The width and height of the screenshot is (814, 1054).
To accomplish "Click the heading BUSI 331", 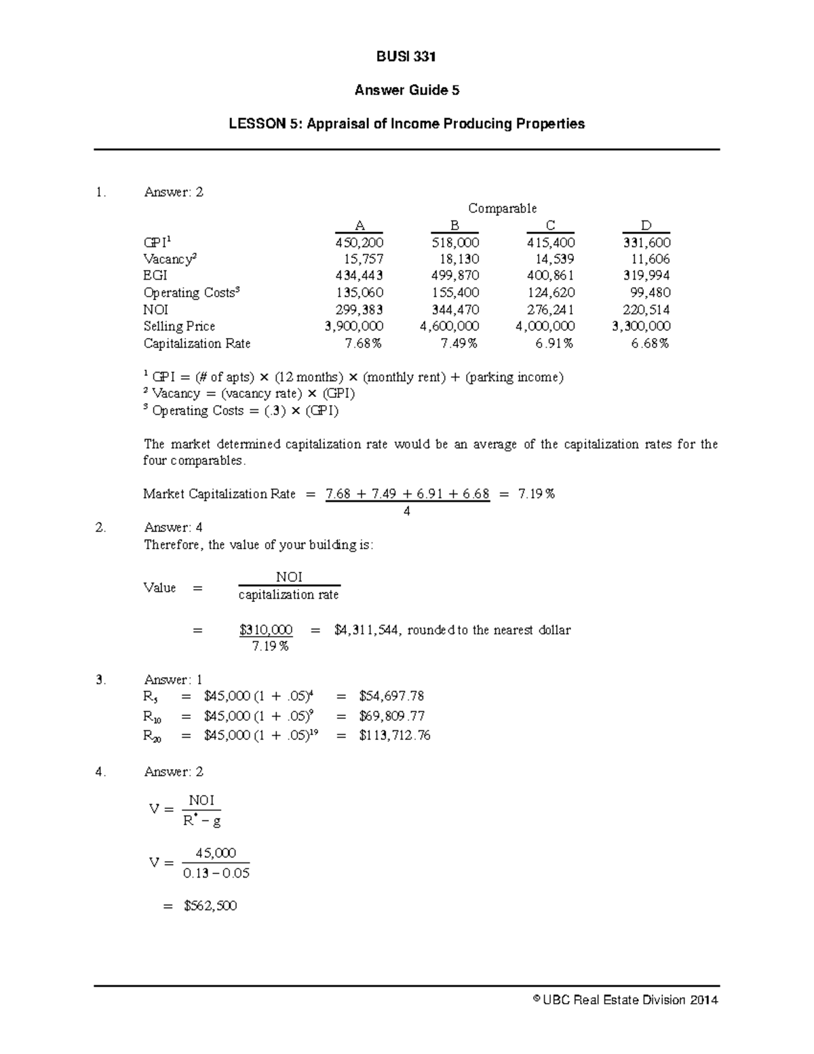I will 406,57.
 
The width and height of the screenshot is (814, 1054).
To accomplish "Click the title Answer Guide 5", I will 406,90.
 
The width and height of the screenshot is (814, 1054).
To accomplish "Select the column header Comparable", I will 502,208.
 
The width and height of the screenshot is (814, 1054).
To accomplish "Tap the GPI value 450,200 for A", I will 360,242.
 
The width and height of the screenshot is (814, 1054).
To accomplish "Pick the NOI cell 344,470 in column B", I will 455,309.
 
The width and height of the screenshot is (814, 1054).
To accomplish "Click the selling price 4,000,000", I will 545,326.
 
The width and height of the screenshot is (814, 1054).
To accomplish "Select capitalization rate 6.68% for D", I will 650,343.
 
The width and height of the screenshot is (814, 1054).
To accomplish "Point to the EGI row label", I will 155,276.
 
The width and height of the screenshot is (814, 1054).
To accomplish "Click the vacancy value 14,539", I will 554,259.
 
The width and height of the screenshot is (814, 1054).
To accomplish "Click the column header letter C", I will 550,225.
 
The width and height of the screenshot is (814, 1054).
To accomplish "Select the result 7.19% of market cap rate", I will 536,494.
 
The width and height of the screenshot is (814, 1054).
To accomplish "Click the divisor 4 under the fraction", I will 407,511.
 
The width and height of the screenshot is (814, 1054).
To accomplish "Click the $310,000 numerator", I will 266,630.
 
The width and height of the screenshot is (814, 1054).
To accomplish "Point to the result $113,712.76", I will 395,736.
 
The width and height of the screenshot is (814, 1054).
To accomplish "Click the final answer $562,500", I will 210,906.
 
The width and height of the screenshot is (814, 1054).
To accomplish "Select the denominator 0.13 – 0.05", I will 216,873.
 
